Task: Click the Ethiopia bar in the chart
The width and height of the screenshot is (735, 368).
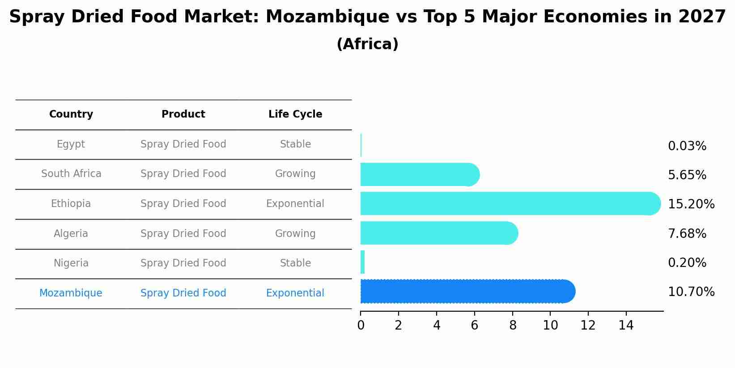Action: pyautogui.click(x=510, y=203)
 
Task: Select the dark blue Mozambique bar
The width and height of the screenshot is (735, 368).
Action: pyautogui.click(x=467, y=292)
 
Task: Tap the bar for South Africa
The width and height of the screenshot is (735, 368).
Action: pyautogui.click(x=420, y=174)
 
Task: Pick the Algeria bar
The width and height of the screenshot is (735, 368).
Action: pyautogui.click(x=439, y=233)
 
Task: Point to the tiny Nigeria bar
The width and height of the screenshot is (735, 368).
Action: pyautogui.click(x=362, y=262)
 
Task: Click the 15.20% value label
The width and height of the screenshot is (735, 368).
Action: pyautogui.click(x=691, y=204)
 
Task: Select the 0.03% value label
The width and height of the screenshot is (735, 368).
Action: pyautogui.click(x=687, y=146)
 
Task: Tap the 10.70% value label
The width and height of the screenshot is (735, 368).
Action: pyautogui.click(x=691, y=292)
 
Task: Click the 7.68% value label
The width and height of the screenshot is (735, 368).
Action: pyautogui.click(x=687, y=233)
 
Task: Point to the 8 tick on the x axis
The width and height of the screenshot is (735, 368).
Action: pyautogui.click(x=513, y=326)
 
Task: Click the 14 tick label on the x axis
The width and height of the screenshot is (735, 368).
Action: pyautogui.click(x=626, y=326)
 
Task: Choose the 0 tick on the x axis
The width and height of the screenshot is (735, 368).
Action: pyautogui.click(x=361, y=326)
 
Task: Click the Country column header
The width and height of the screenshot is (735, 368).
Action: pyautogui.click(x=71, y=114)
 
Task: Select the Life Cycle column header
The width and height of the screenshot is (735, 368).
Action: pyautogui.click(x=295, y=114)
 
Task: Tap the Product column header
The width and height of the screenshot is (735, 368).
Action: pyautogui.click(x=183, y=114)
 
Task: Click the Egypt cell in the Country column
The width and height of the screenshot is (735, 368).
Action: pyautogui.click(x=71, y=144)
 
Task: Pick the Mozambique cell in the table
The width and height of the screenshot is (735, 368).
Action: pyautogui.click(x=71, y=293)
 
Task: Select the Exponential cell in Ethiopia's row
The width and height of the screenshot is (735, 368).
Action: pyautogui.click(x=295, y=204)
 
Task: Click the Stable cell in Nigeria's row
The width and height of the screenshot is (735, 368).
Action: pyautogui.click(x=295, y=263)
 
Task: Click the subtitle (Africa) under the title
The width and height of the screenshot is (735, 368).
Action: pyautogui.click(x=367, y=44)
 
